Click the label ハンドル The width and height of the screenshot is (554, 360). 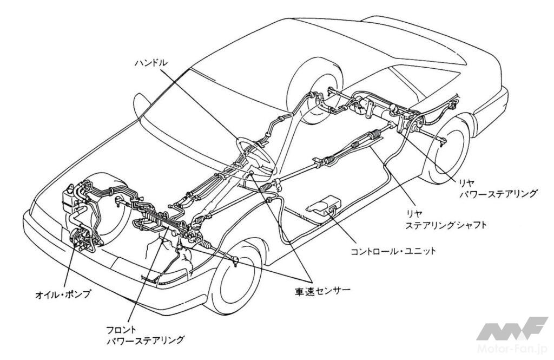(151, 63)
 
